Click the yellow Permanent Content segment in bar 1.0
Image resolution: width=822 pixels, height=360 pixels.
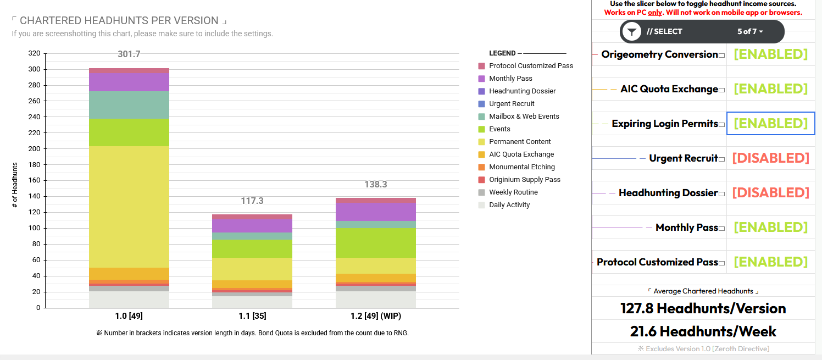[x=129, y=207]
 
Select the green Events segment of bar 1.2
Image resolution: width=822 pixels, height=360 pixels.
[x=376, y=243]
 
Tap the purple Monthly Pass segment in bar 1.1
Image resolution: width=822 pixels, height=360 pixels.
[x=252, y=226]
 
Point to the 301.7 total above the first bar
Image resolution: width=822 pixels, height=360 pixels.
[x=129, y=54]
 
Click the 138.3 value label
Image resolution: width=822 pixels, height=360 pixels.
[x=376, y=185]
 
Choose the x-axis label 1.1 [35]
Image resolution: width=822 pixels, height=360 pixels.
[x=252, y=316]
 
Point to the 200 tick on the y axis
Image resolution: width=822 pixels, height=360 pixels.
[x=35, y=149]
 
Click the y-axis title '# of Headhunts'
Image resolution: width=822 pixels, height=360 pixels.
[x=15, y=185]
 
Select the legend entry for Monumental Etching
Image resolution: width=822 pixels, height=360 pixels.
[x=521, y=167]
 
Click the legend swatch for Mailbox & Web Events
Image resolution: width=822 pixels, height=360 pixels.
[x=482, y=117]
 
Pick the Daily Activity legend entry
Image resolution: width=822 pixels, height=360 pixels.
[x=509, y=205]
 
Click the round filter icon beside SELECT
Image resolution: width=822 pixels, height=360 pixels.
[x=632, y=32]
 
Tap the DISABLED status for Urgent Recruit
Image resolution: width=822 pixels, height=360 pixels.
[x=770, y=158]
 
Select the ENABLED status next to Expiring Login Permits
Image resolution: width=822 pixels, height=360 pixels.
[x=770, y=124]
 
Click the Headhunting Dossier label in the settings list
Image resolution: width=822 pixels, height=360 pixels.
[x=668, y=193]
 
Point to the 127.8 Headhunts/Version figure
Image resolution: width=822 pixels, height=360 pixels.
[x=703, y=308]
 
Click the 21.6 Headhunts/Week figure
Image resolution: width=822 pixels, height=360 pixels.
[x=703, y=331]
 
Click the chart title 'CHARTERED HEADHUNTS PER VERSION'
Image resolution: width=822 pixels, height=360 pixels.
[x=119, y=21]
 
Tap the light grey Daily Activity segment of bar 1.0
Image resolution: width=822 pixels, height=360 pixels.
[x=129, y=300]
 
